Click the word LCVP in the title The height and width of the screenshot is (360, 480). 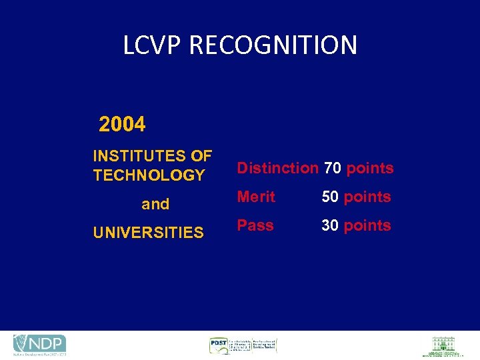tap(153, 45)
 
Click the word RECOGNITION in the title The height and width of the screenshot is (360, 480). tap(273, 45)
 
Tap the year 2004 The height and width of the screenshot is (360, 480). tap(122, 125)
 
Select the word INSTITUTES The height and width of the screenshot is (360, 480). tap(139, 156)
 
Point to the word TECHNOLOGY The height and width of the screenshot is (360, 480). tap(149, 175)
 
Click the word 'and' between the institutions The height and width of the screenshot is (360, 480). tap(155, 204)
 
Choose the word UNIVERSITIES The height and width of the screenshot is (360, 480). tap(148, 233)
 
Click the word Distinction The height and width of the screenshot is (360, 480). tap(278, 168)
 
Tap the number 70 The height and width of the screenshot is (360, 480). tap(333, 168)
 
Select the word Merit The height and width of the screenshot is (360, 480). tap(256, 197)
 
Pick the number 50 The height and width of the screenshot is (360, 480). tap(330, 197)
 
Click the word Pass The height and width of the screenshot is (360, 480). tap(255, 225)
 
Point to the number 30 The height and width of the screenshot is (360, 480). tap(330, 225)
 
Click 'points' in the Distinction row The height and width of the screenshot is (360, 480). tap(370, 168)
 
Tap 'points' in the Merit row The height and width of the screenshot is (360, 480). tap(367, 197)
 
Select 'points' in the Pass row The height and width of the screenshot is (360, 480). tap(367, 225)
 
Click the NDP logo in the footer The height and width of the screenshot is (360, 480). tap(40, 344)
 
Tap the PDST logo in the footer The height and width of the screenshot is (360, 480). tap(243, 345)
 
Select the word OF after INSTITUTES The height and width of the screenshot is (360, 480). tap(201, 156)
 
